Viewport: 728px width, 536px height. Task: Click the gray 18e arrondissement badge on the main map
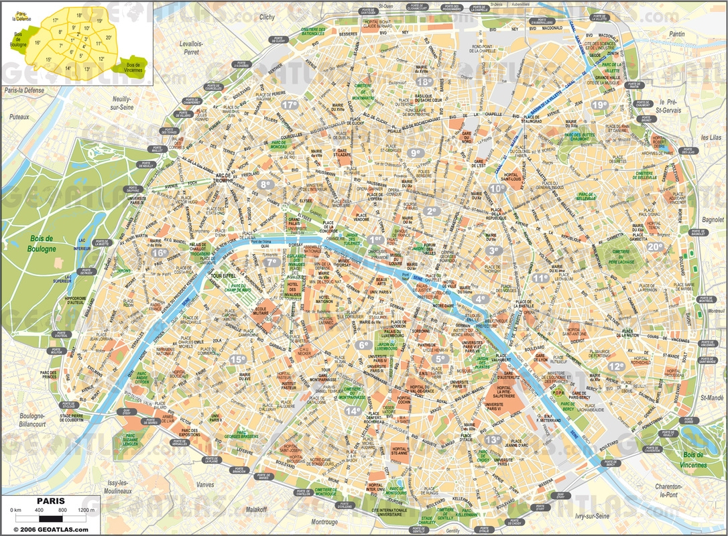point(424,82)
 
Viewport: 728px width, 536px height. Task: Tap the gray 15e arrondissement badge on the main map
point(238,359)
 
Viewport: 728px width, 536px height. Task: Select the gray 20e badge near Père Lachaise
point(655,247)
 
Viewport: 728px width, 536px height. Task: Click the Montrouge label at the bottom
point(324,521)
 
